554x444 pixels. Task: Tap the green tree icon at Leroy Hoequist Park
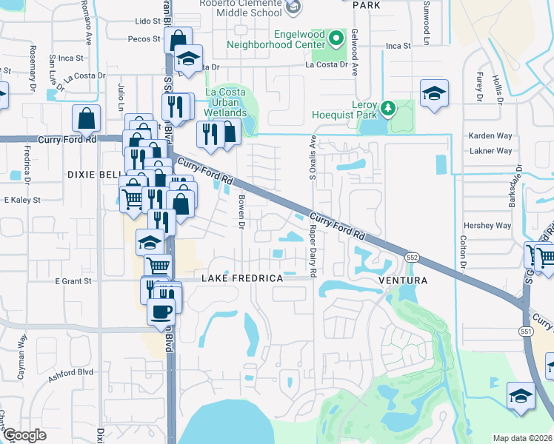(x=387, y=110)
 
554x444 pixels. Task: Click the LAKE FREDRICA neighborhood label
(x=242, y=278)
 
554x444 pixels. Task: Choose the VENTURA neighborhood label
(x=403, y=281)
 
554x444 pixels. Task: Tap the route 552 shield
(x=413, y=256)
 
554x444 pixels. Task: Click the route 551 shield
(x=527, y=331)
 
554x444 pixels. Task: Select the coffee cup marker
(x=160, y=312)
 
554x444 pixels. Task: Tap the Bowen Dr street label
(x=241, y=211)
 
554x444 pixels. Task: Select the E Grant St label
(x=72, y=281)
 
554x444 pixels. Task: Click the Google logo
(x=24, y=436)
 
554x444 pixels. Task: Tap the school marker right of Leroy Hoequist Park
(x=434, y=93)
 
